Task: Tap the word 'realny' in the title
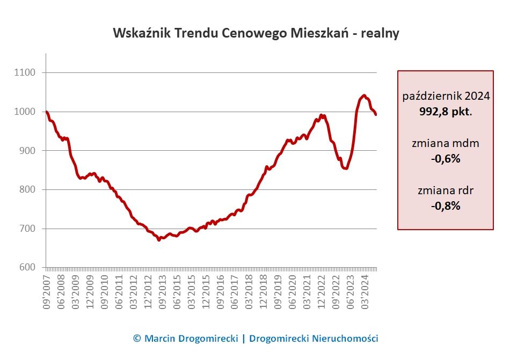(380, 33)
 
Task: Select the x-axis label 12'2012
(148, 291)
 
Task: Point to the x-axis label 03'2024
(367, 291)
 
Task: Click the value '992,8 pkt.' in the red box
(446, 111)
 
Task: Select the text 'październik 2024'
(446, 97)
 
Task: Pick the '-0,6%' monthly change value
(446, 159)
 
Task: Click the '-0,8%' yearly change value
(446, 205)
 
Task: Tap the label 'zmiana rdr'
(446, 190)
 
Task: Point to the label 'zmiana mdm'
(446, 143)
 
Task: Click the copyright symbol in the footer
(137, 339)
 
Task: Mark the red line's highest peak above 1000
(364, 95)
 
